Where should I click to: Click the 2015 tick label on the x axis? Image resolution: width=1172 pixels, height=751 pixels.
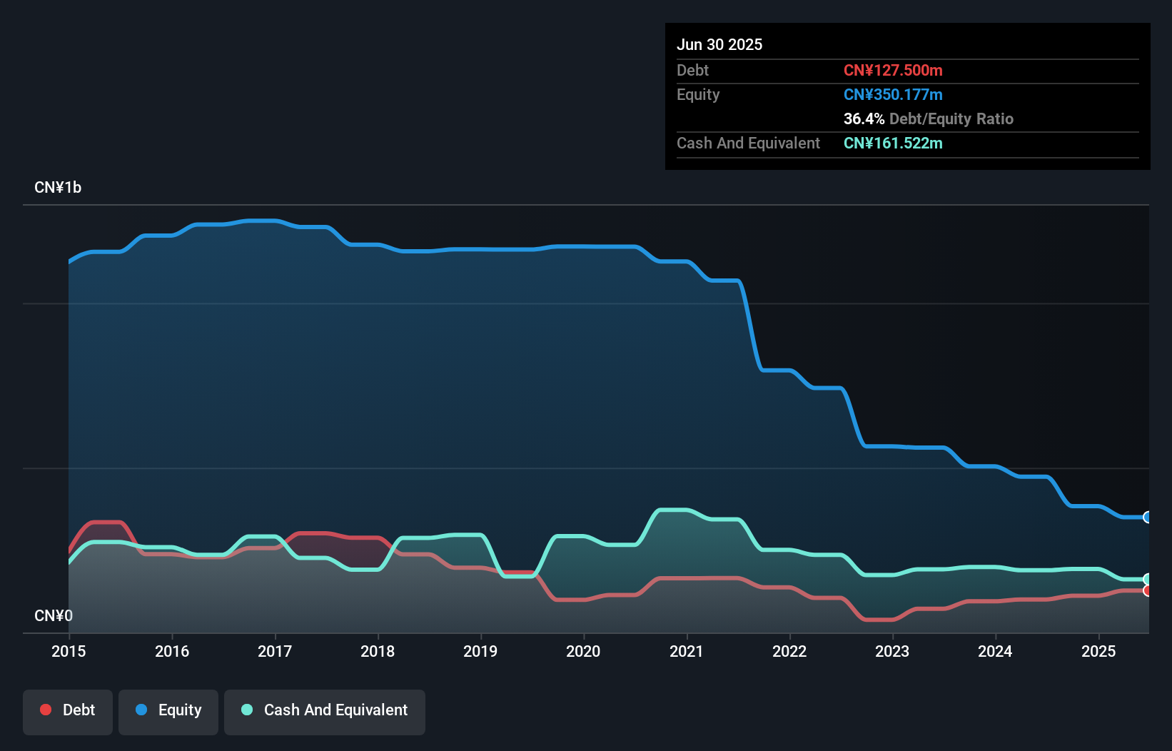point(69,651)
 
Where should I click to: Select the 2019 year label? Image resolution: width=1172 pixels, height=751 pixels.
point(480,651)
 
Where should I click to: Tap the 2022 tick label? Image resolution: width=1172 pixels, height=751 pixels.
point(789,651)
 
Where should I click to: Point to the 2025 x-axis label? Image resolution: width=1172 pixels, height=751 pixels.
point(1098,651)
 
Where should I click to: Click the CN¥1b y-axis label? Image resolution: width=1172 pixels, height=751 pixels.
point(58,188)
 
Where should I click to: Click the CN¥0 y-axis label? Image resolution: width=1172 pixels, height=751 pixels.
point(54,615)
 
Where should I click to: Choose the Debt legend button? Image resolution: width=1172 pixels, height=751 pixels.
point(68,710)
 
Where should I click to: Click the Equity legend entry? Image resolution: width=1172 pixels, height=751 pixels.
point(168,710)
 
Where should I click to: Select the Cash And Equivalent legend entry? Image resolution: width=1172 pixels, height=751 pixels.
point(325,710)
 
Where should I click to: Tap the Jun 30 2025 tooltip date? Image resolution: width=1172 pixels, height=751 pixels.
point(719,44)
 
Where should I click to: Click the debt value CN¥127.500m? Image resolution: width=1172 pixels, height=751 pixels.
point(893,70)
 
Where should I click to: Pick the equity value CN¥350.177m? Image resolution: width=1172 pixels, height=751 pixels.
point(893,94)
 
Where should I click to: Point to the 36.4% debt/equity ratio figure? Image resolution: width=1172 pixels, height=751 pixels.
point(864,119)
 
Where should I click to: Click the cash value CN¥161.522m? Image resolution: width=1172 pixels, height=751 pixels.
point(893,143)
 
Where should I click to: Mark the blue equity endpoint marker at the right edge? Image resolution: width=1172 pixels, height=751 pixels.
point(1147,517)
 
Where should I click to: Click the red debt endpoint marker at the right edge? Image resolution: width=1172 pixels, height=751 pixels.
point(1147,591)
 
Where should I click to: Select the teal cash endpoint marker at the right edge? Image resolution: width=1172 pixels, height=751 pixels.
point(1147,579)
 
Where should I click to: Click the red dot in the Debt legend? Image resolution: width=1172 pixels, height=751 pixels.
point(46,710)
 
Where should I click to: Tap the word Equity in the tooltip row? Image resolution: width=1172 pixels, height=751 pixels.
point(698,94)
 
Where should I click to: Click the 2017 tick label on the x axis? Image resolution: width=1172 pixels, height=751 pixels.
point(275,651)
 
